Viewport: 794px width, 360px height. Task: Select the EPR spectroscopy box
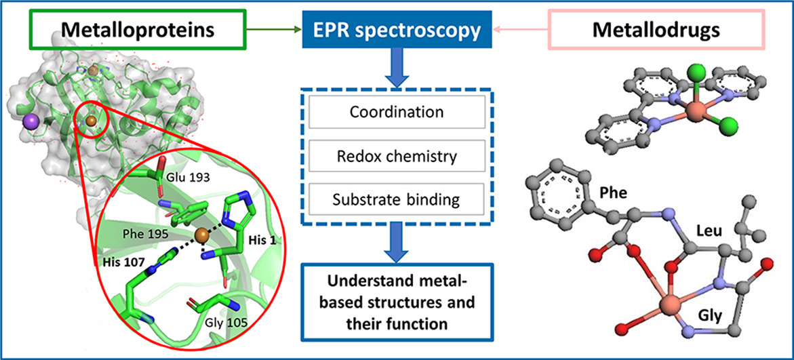[x=397, y=30]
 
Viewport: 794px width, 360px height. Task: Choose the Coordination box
[x=397, y=112]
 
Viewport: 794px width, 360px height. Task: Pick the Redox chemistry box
[x=397, y=156]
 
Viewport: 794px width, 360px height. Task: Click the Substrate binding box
[x=397, y=200]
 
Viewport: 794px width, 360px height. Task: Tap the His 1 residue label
[x=252, y=243]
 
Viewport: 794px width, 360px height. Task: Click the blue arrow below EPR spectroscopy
[x=397, y=68]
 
